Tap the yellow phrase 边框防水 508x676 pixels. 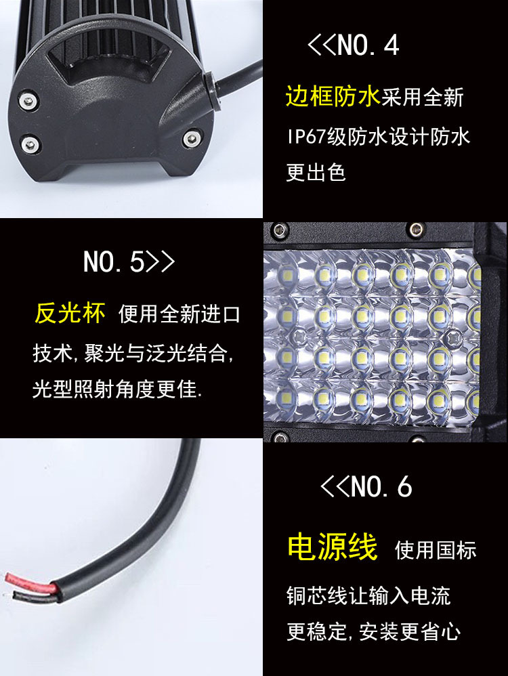point(332,98)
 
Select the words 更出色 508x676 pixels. point(316,172)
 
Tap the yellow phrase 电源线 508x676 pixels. point(332,547)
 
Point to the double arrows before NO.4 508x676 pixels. point(322,45)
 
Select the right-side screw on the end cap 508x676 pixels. point(191,141)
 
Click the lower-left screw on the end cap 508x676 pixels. point(28,144)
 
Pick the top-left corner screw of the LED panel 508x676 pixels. point(276,229)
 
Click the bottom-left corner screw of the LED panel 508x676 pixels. point(276,436)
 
